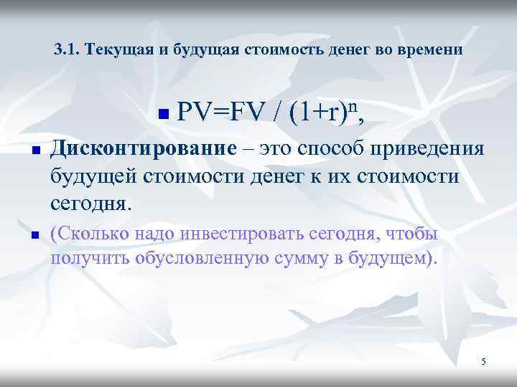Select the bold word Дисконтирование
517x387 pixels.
click(144, 150)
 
